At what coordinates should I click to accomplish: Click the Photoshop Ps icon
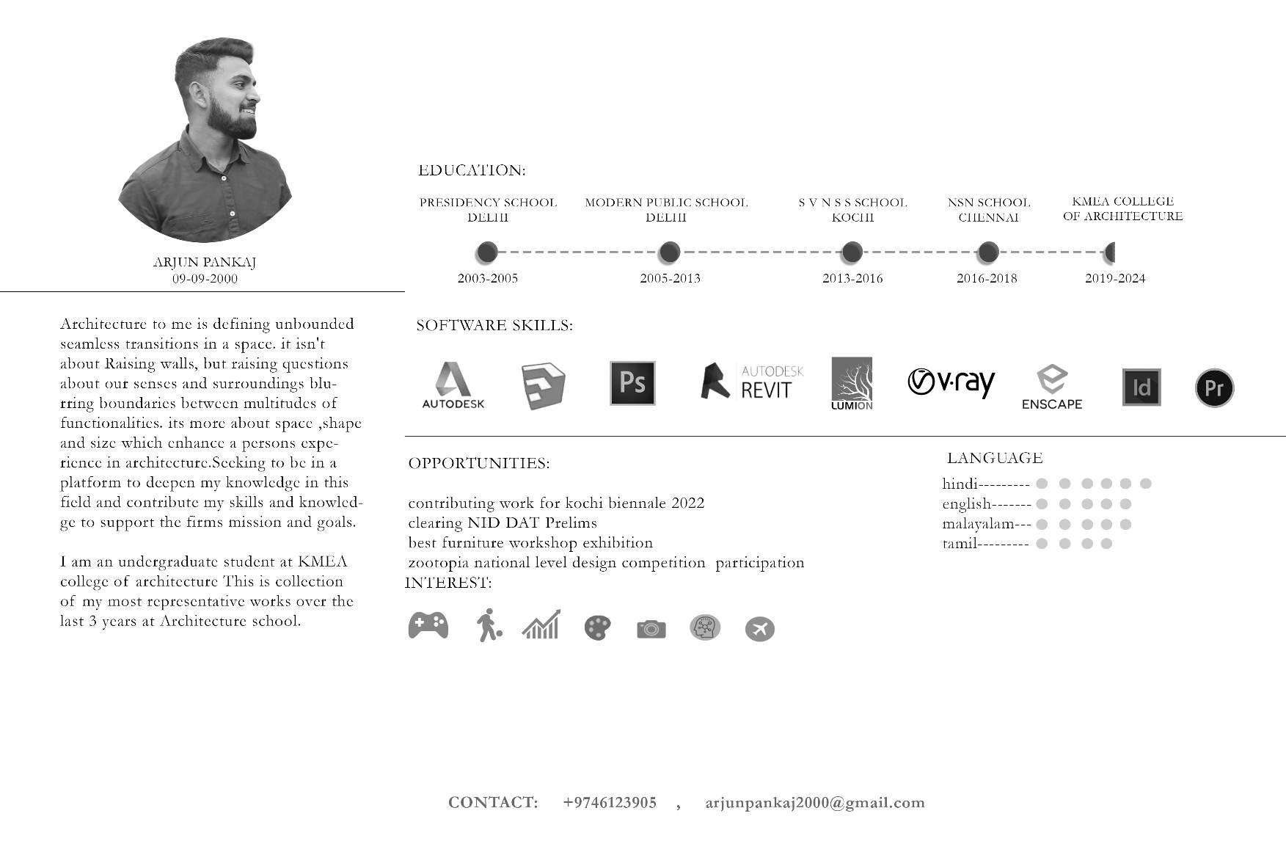pos(632,383)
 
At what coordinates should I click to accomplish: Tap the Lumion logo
pos(852,384)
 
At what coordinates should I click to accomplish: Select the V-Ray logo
pos(951,382)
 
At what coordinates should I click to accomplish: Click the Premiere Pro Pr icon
pos(1214,387)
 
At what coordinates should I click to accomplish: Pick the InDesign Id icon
pos(1141,387)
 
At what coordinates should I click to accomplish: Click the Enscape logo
pos(1052,387)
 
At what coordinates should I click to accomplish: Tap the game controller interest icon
pos(428,625)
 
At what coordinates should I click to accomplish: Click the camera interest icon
pos(651,629)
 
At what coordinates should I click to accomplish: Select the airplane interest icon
pos(759,629)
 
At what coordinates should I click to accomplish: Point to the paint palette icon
pos(597,628)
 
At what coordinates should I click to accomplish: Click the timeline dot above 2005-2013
pos(669,252)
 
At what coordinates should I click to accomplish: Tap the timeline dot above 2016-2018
pos(988,252)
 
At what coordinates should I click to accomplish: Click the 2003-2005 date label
pos(487,278)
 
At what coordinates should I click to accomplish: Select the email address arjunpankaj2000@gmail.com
pos(815,802)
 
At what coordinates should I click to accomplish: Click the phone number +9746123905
pos(610,802)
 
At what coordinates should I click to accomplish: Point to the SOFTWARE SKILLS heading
pos(494,325)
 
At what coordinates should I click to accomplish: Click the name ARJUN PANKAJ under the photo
pos(205,262)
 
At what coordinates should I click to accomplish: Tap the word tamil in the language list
pos(960,544)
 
